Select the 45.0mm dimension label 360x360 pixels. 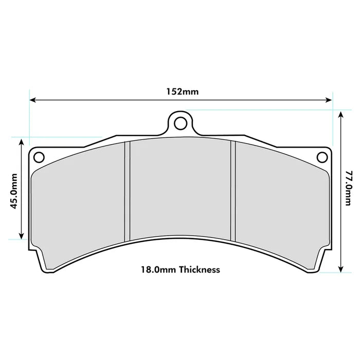tap(14, 190)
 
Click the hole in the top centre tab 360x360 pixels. tap(179, 123)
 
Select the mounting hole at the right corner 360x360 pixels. tap(321, 156)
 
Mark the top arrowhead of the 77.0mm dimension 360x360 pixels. tap(340, 114)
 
